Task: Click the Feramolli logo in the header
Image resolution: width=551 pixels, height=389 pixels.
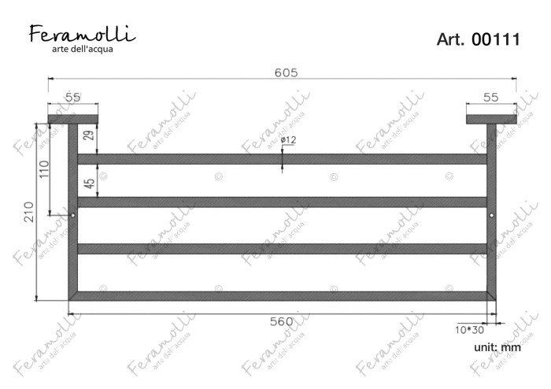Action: pyautogui.click(x=83, y=34)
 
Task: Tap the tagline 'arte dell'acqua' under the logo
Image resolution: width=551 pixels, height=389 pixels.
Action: pyautogui.click(x=83, y=50)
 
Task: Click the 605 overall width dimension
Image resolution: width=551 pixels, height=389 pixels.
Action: pyautogui.click(x=285, y=72)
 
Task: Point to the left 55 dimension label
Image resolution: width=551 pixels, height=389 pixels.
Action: pyautogui.click(x=72, y=97)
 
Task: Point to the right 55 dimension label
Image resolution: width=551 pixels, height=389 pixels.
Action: pyautogui.click(x=490, y=97)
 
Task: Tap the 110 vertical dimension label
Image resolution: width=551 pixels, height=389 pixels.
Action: pyautogui.click(x=44, y=169)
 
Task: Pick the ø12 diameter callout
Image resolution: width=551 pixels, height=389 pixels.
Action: pyautogui.click(x=287, y=140)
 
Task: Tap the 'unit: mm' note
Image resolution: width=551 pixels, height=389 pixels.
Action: pyautogui.click(x=497, y=346)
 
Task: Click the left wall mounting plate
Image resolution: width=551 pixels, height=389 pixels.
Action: pyautogui.click(x=72, y=119)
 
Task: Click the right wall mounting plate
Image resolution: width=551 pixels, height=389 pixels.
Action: pyautogui.click(x=490, y=119)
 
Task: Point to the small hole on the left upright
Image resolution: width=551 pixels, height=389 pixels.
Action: pyautogui.click(x=72, y=214)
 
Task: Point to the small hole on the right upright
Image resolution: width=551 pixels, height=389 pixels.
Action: pyautogui.click(x=491, y=214)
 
